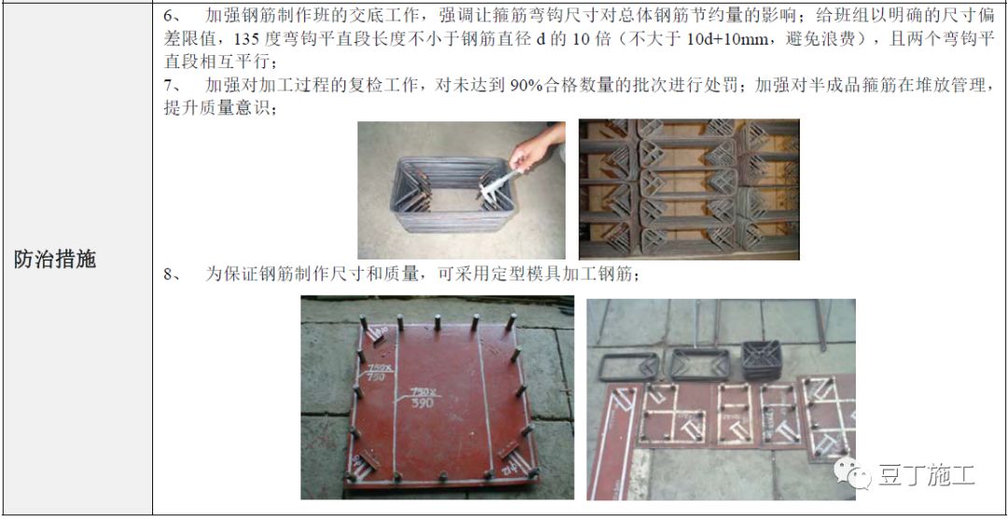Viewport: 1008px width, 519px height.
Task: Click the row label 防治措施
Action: [x=55, y=259]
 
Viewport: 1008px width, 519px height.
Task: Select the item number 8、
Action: [x=171, y=274]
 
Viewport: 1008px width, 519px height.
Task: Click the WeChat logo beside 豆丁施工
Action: [x=851, y=475]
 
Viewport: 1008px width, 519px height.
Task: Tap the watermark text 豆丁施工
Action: [x=925, y=476]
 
